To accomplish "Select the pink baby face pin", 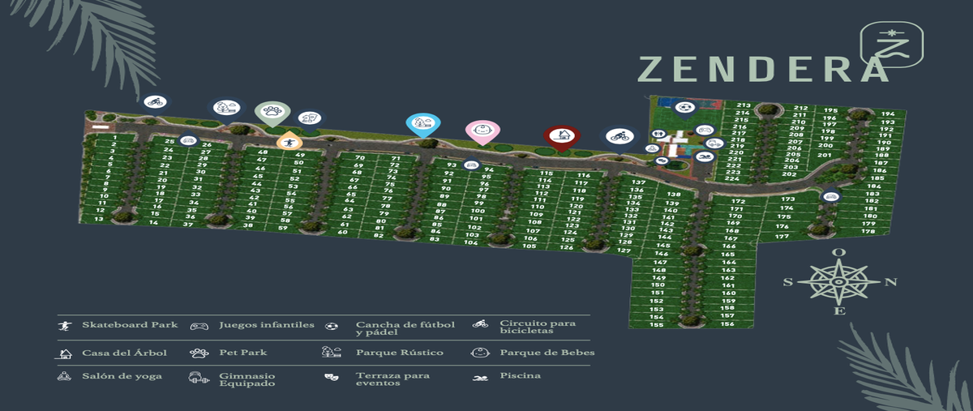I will point(482,131).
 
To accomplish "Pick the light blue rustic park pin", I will point(422,123).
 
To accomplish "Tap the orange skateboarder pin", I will point(289,142).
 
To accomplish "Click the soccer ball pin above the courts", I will point(685,107).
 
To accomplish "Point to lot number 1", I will point(115,139).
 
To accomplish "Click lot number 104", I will point(471,242).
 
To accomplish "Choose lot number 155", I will point(657,325).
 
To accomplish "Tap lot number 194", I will point(888,114).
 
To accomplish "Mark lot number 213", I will point(743,105).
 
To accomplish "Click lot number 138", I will point(673,195).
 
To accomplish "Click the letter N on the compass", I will point(890,282).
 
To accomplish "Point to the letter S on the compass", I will point(787,283).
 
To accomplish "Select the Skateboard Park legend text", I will point(130,325).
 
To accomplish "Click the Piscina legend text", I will point(520,375).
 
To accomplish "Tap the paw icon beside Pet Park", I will point(199,353).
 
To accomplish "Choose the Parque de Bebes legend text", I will point(547,353).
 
